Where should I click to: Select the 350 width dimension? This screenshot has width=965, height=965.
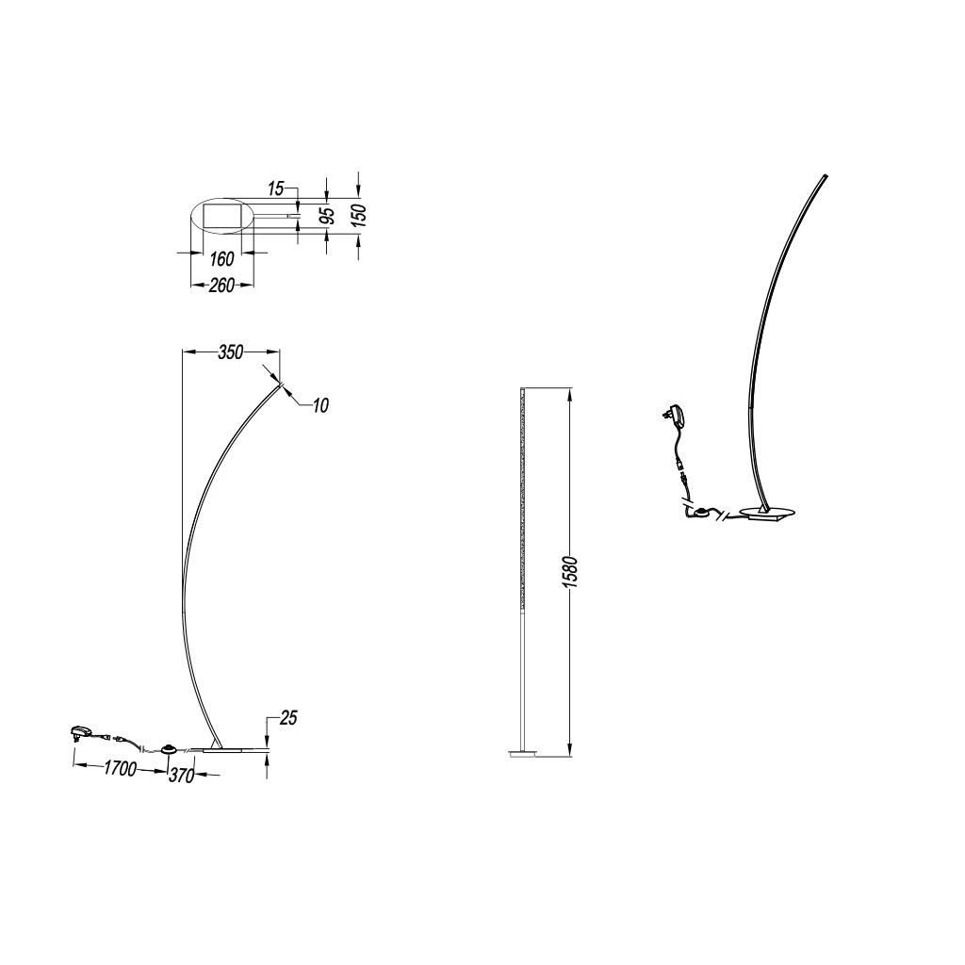(x=231, y=352)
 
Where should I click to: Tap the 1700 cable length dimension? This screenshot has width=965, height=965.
(x=120, y=768)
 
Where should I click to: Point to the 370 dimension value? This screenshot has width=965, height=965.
(x=182, y=777)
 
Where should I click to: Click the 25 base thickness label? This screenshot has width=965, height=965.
(x=288, y=717)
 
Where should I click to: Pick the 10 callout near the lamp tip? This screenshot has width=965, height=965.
(x=320, y=405)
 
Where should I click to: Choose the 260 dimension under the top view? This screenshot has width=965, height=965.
(x=221, y=285)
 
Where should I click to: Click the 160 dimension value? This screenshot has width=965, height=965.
(x=221, y=259)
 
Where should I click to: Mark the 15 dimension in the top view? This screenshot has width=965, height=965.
(x=276, y=188)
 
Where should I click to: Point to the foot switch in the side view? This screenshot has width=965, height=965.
(x=169, y=749)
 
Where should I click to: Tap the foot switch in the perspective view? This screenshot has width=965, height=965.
(x=700, y=512)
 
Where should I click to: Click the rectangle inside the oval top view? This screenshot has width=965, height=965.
(x=221, y=216)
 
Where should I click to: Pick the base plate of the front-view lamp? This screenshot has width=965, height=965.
(x=522, y=753)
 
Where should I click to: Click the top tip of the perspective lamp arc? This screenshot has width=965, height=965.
(x=826, y=175)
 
